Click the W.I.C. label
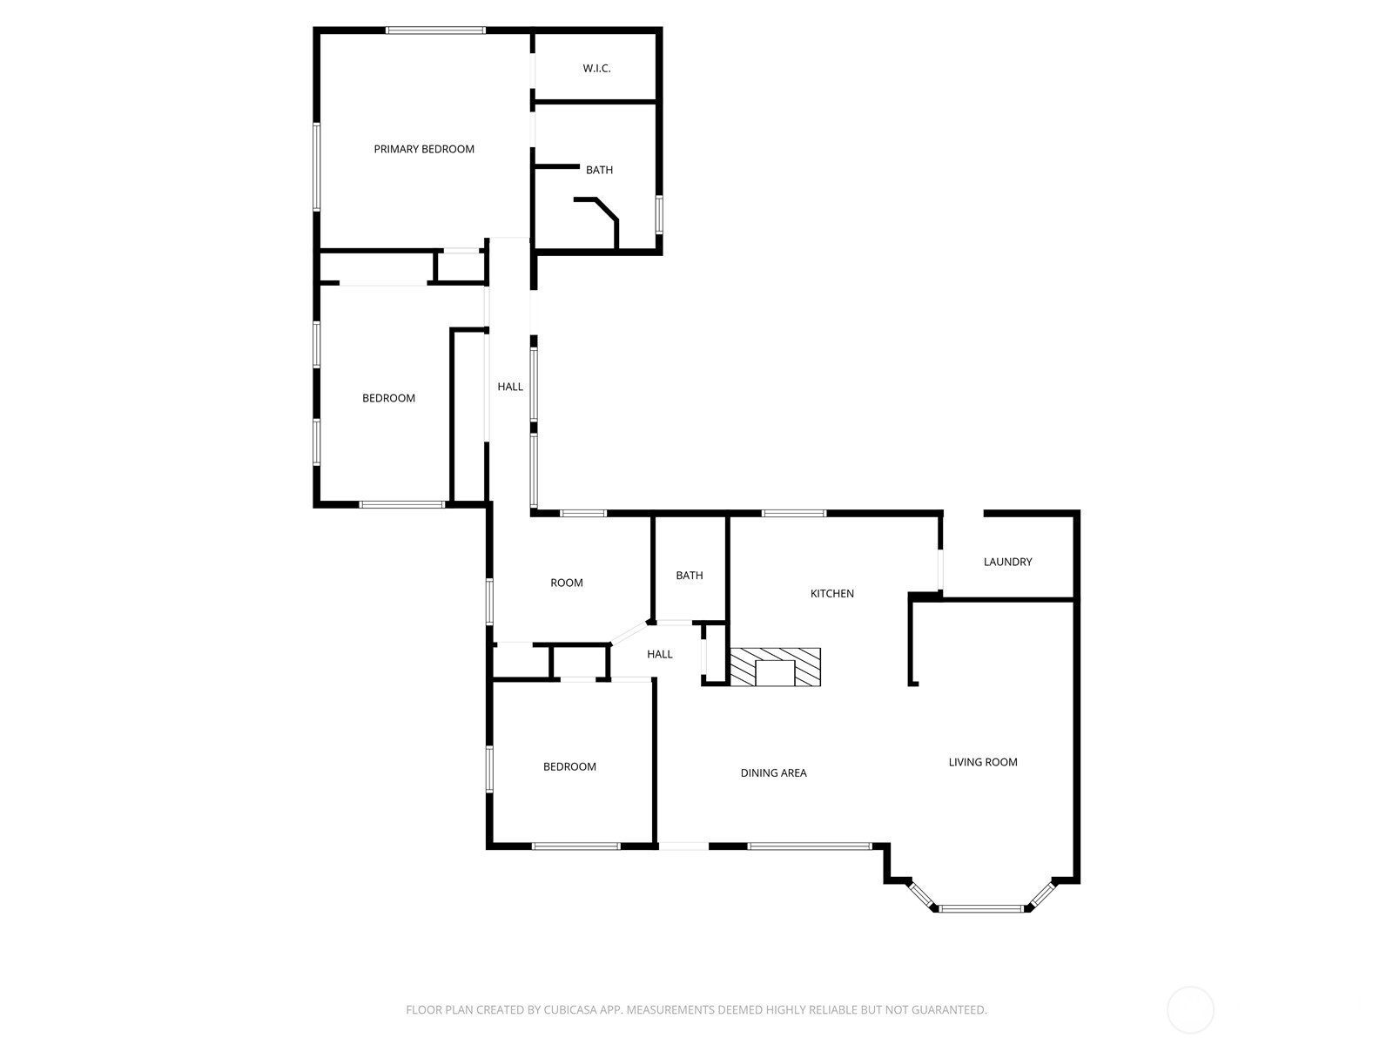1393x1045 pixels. click(x=596, y=68)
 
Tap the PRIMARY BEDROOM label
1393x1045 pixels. click(x=424, y=149)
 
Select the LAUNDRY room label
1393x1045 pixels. click(x=1007, y=562)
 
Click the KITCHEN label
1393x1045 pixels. click(x=831, y=593)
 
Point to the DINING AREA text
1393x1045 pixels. click(x=773, y=772)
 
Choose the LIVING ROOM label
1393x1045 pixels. click(x=982, y=762)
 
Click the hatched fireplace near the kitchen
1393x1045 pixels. click(x=775, y=668)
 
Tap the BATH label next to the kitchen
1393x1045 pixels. click(x=689, y=575)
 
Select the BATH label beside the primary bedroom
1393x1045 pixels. click(x=599, y=170)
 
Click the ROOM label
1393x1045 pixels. click(x=566, y=583)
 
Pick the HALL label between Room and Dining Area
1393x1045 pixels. click(x=659, y=654)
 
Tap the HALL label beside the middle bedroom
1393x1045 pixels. click(x=510, y=387)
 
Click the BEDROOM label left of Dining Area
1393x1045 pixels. click(x=569, y=766)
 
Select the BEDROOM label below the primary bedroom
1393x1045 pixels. click(x=388, y=398)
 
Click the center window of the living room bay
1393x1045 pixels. click(x=981, y=908)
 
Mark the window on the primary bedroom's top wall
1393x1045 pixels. click(x=435, y=30)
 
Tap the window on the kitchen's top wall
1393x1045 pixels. click(x=793, y=514)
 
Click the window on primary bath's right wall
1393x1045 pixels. click(x=659, y=214)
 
